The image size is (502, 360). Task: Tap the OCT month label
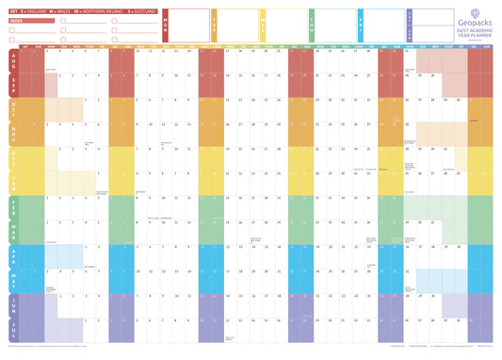pyautogui.click(x=12, y=109)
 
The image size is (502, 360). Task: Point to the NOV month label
pyautogui.click(x=12, y=133)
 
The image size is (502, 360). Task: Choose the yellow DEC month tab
pyautogui.click(x=12, y=158)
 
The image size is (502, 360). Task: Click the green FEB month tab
pyautogui.click(x=12, y=207)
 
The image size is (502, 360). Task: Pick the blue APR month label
pyautogui.click(x=12, y=256)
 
